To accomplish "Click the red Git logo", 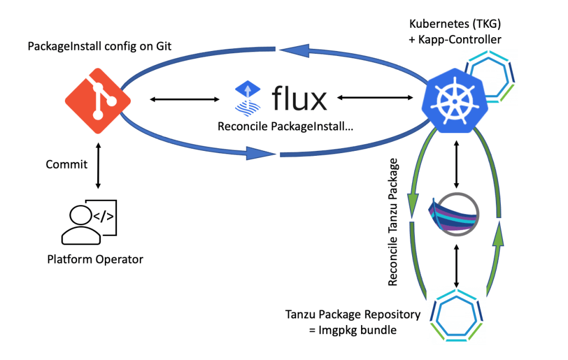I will pyautogui.click(x=98, y=100).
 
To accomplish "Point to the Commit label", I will pyautogui.click(x=67, y=165).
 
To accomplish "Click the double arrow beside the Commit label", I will pyautogui.click(x=98, y=165).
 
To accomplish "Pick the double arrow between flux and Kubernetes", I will pyautogui.click(x=378, y=99).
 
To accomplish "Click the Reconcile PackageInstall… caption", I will pyautogui.click(x=286, y=126).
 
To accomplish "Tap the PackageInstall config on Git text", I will pyautogui.click(x=100, y=47).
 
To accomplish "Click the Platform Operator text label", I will pyautogui.click(x=95, y=259).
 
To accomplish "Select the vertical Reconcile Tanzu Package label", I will pyautogui.click(x=393, y=222).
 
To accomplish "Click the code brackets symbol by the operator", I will pyautogui.click(x=103, y=216).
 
